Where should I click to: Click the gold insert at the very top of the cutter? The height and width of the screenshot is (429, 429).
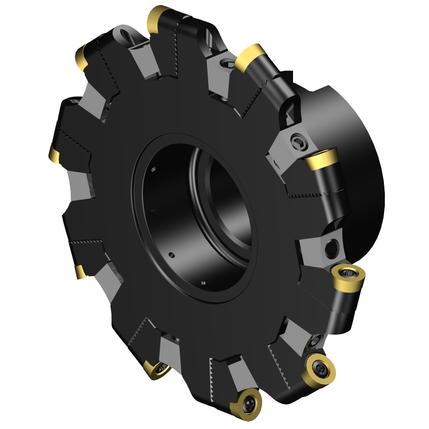coord(157,17)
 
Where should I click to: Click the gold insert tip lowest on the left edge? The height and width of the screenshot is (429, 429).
coord(79,272)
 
